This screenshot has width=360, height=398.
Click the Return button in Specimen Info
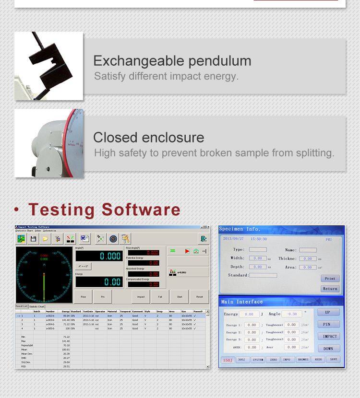tap(330, 289)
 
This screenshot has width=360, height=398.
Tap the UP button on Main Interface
tap(328, 312)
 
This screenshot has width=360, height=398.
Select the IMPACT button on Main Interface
tap(330, 336)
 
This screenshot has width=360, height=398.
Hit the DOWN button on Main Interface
tap(328, 349)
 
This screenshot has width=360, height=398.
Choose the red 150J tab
tap(228, 360)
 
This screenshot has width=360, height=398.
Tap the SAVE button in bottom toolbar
tap(334, 359)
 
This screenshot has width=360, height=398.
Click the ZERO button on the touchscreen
tap(273, 360)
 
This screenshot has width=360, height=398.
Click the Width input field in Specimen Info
tap(258, 258)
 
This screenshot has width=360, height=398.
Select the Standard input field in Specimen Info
tap(263, 275)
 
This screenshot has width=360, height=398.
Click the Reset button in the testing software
tap(199, 297)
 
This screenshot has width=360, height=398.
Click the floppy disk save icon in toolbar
tap(34, 239)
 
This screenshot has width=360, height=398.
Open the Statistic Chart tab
tap(37, 306)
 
